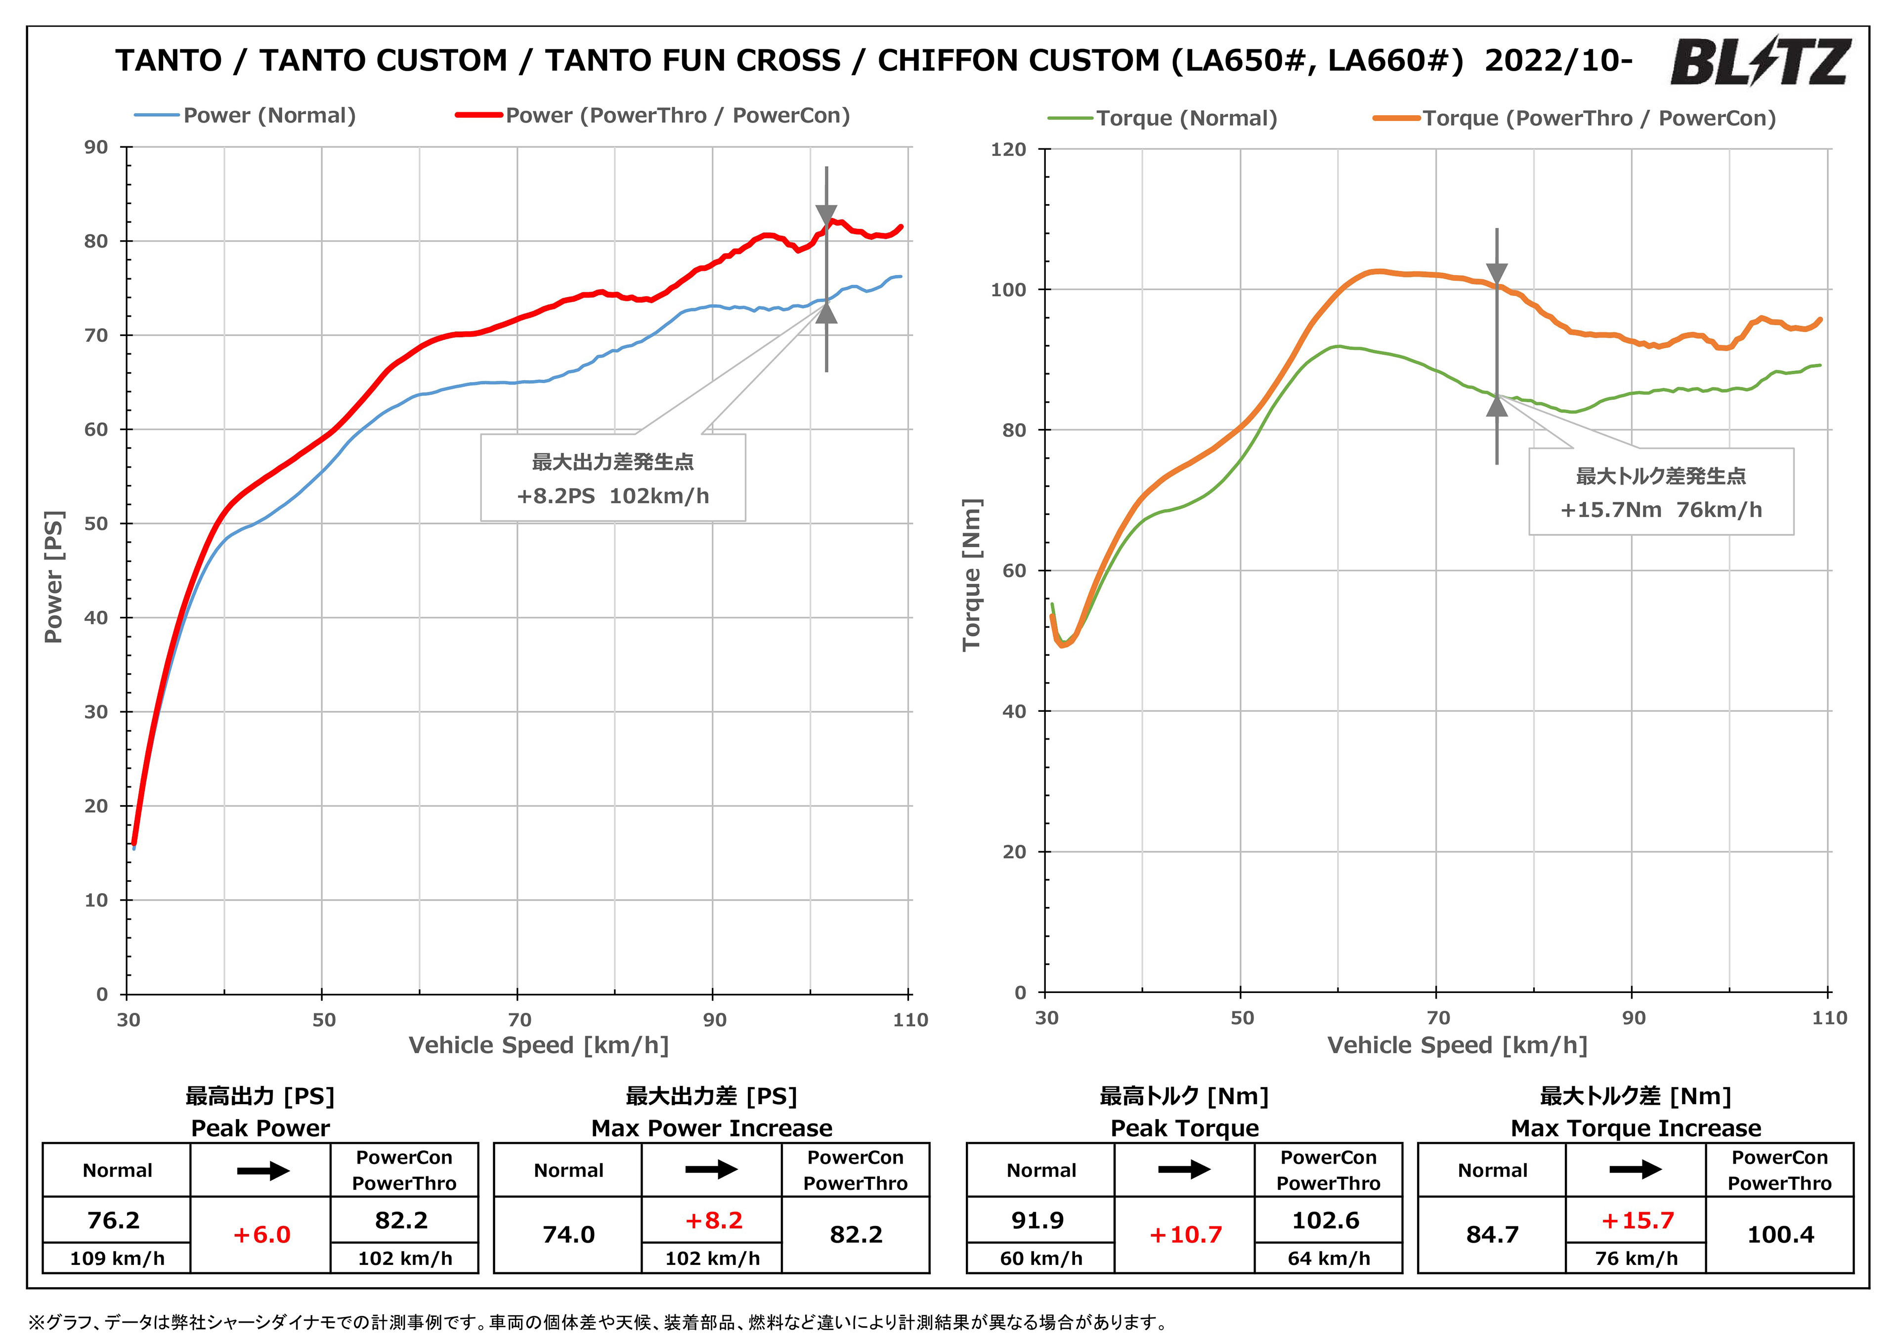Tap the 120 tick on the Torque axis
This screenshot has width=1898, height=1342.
[x=1008, y=150]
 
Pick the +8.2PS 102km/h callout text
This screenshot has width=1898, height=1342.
[x=612, y=496]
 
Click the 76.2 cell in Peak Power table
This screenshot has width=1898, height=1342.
[x=114, y=1220]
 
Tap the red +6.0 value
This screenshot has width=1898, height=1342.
[x=261, y=1235]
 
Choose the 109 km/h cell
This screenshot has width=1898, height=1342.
[x=117, y=1258]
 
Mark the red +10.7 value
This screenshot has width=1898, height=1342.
[x=1185, y=1235]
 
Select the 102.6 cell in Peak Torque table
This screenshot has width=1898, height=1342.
[x=1326, y=1220]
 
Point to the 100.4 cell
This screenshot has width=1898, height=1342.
[x=1780, y=1235]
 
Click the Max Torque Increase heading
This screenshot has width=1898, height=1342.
[x=1635, y=1128]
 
